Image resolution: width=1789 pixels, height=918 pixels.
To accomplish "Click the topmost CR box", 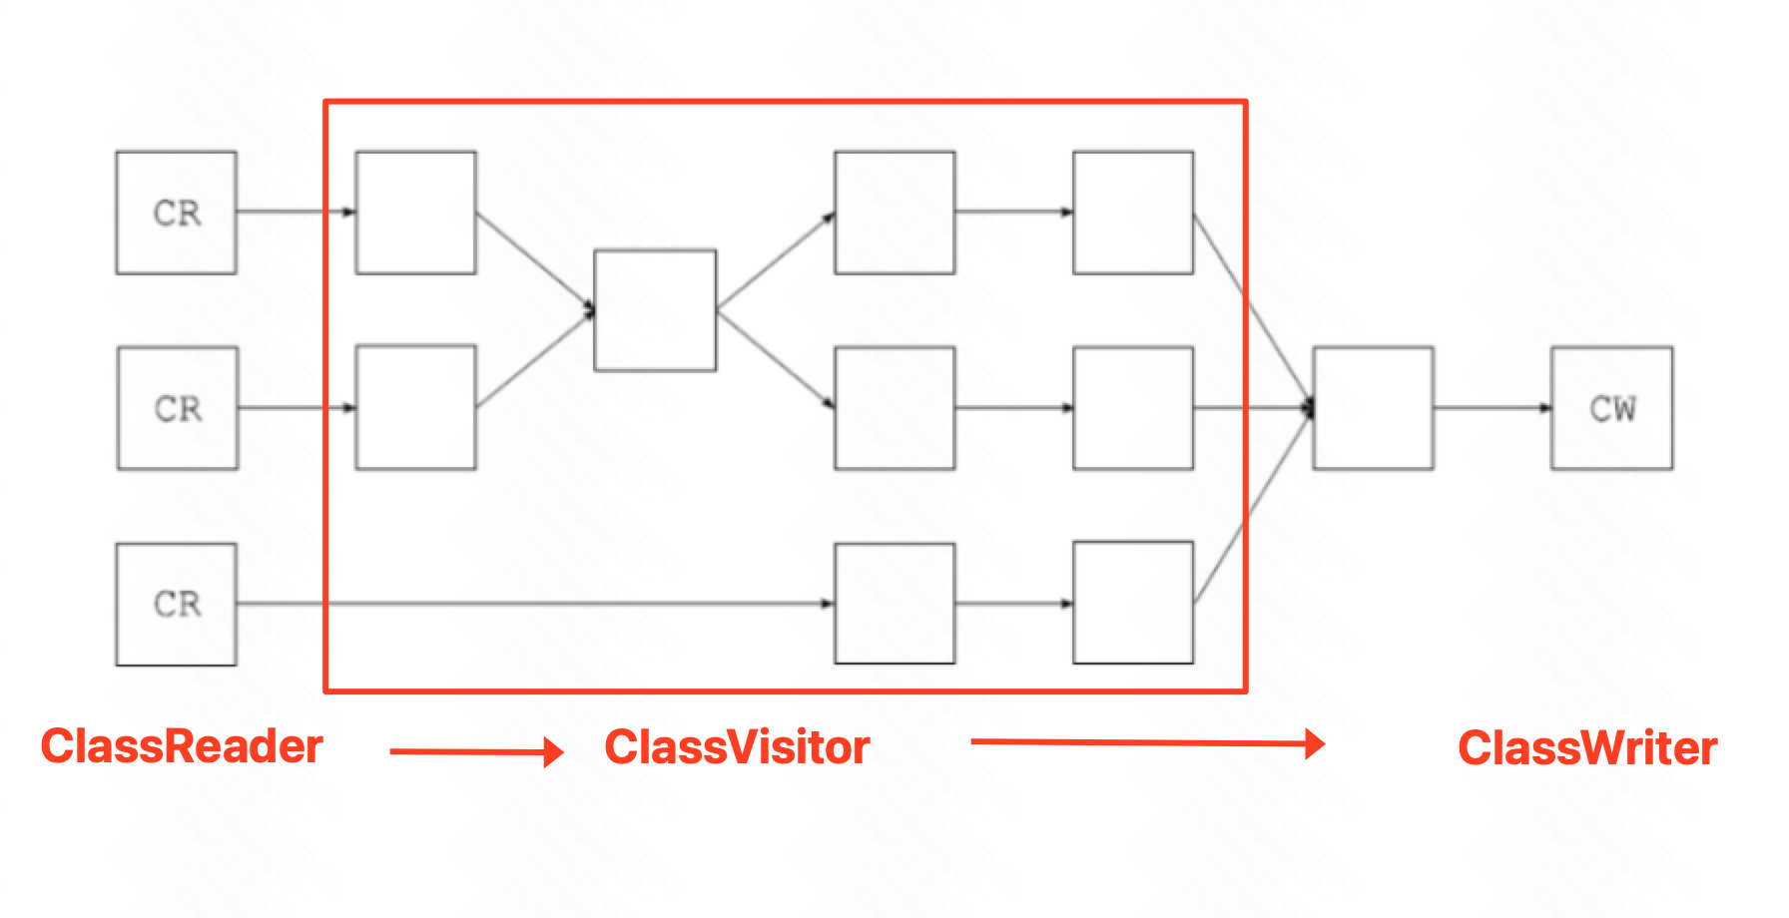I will (177, 213).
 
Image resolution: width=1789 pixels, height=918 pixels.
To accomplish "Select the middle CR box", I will (178, 408).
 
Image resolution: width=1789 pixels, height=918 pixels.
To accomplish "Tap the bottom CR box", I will (177, 604).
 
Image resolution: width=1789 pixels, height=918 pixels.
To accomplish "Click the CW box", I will (1611, 408).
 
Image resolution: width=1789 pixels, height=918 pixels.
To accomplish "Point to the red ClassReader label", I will (182, 746).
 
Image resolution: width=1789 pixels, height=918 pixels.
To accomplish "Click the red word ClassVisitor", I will (737, 747).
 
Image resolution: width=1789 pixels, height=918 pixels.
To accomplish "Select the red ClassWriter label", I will (1587, 748).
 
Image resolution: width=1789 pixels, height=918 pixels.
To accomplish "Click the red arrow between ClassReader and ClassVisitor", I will (476, 751).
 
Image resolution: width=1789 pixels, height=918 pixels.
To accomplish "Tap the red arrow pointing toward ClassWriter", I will (1147, 742).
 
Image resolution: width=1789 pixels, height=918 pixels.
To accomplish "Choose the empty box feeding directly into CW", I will (1373, 408).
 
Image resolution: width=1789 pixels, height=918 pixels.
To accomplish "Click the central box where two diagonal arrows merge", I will (655, 310).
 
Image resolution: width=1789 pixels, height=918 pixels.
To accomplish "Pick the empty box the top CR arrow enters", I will (416, 213).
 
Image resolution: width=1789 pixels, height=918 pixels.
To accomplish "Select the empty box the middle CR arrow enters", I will (416, 408).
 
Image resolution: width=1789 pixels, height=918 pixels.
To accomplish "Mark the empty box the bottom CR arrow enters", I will (894, 604).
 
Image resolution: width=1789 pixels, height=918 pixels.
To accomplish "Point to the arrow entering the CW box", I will (1492, 408).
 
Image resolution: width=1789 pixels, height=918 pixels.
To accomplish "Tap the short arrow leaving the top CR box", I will (296, 212).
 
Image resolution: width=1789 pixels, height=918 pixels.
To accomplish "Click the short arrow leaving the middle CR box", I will (297, 408).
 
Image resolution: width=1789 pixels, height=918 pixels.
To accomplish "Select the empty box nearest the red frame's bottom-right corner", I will (1133, 603).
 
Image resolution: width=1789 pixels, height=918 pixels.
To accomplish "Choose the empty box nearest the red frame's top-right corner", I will (1133, 213).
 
